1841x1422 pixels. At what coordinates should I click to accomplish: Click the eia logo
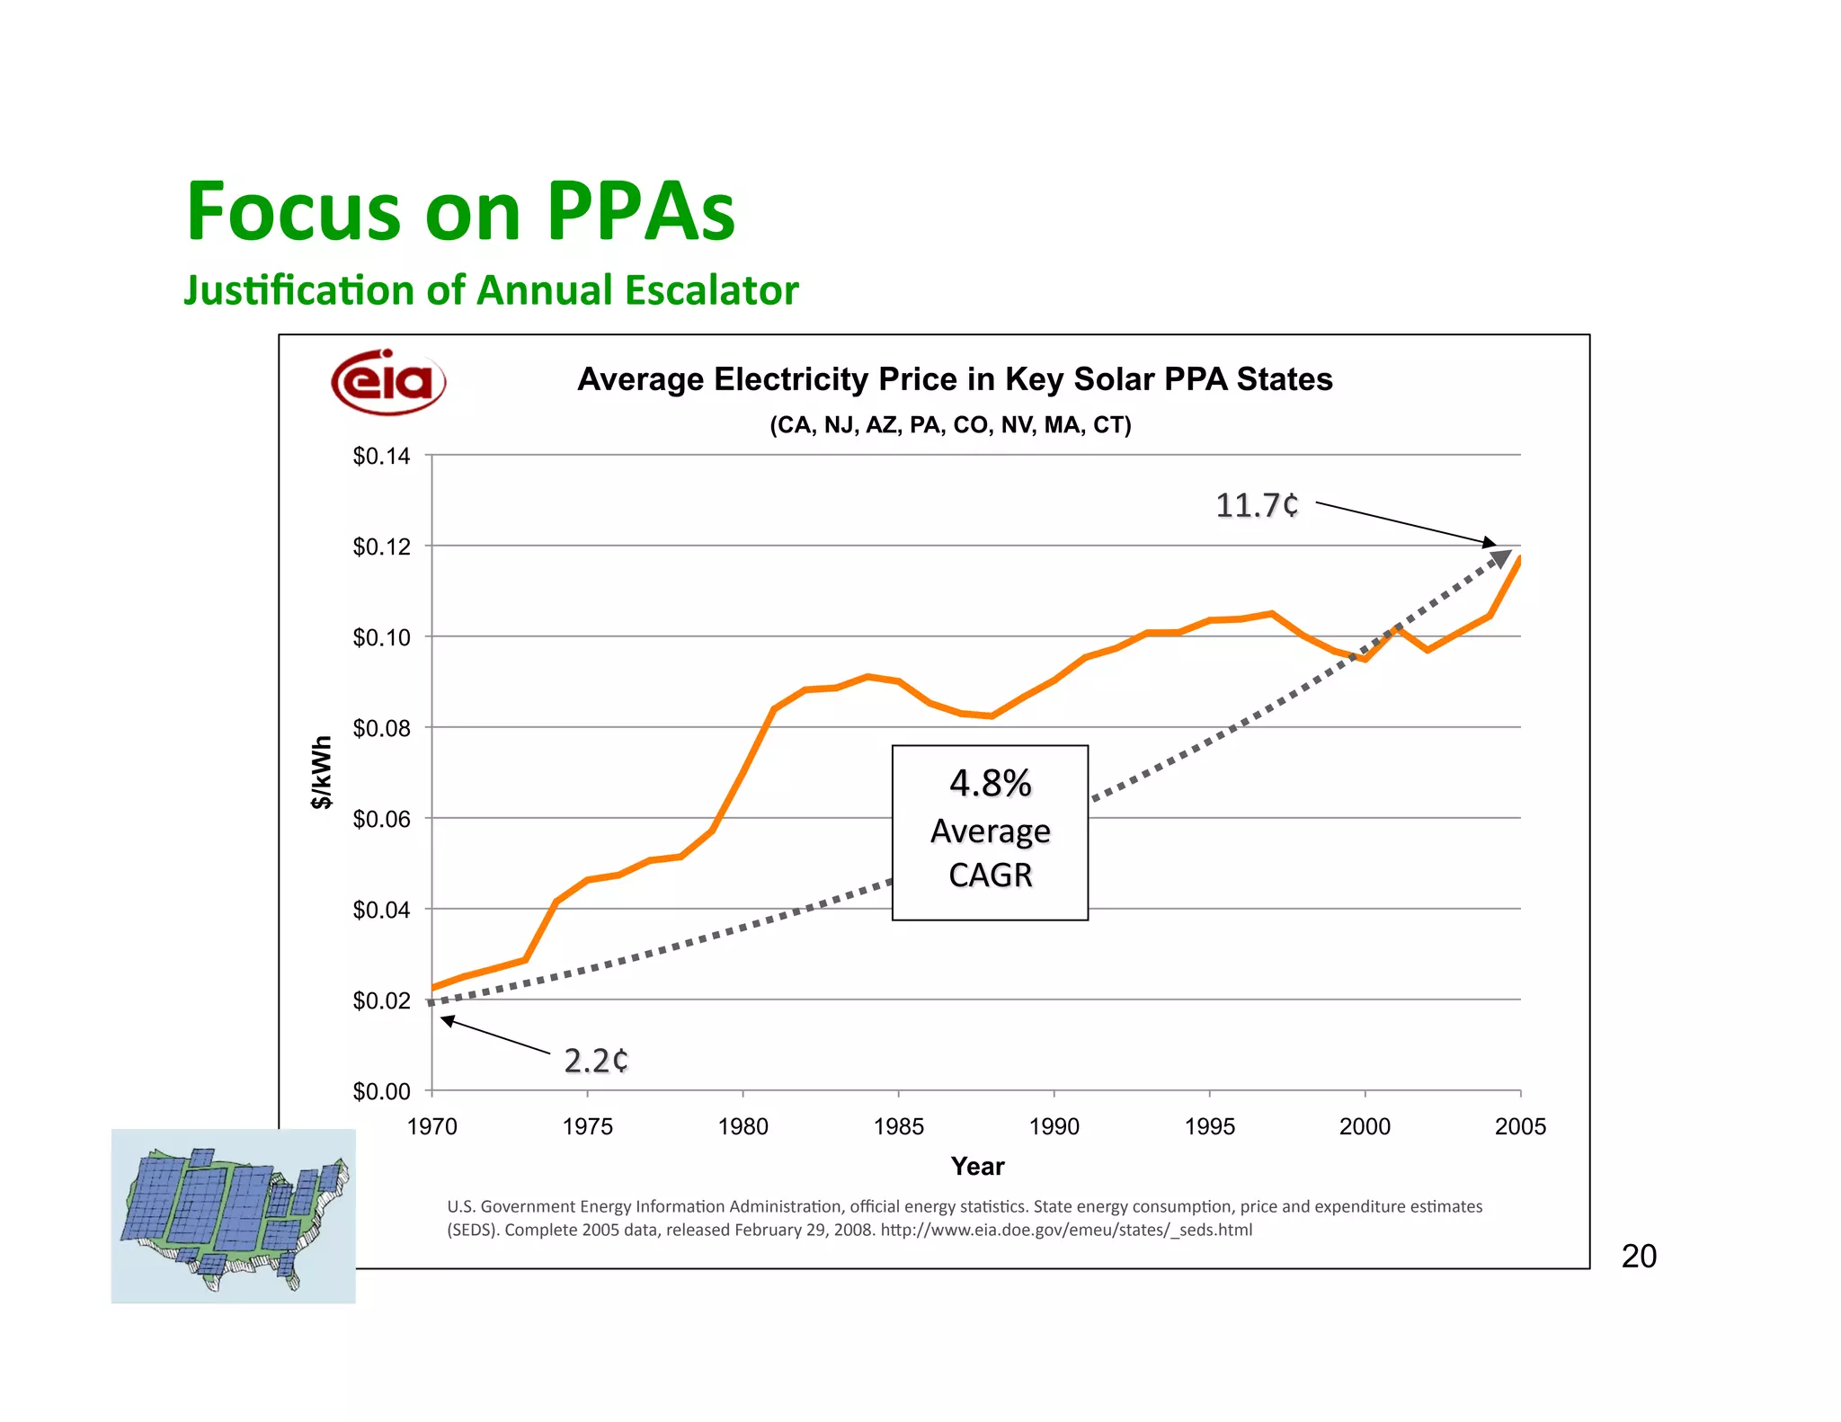tap(388, 382)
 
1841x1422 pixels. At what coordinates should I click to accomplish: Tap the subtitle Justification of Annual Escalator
tap(491, 290)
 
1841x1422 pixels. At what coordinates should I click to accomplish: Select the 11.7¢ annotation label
tap(1257, 505)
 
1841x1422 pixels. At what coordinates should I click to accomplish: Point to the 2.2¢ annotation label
tap(596, 1061)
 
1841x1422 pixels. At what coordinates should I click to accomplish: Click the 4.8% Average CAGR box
tap(990, 831)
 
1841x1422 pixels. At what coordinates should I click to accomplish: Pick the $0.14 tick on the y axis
tap(381, 457)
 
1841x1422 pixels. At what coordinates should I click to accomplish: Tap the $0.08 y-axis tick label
tap(381, 728)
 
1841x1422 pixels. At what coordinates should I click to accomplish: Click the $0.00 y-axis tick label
tap(381, 1091)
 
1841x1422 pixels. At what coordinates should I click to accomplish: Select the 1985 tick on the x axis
tap(898, 1126)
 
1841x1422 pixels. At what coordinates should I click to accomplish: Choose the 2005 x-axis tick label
tap(1520, 1126)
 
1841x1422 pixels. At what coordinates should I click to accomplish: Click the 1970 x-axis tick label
tap(431, 1126)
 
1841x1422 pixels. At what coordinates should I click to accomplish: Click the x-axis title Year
tap(977, 1167)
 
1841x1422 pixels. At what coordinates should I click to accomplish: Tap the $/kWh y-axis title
tap(321, 772)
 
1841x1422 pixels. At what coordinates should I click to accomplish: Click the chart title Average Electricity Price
tap(955, 379)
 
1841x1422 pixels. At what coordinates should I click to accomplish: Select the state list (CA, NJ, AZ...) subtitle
tap(950, 425)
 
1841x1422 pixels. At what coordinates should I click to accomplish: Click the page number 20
tap(1639, 1256)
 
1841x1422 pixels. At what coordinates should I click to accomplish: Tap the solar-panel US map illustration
tap(233, 1215)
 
